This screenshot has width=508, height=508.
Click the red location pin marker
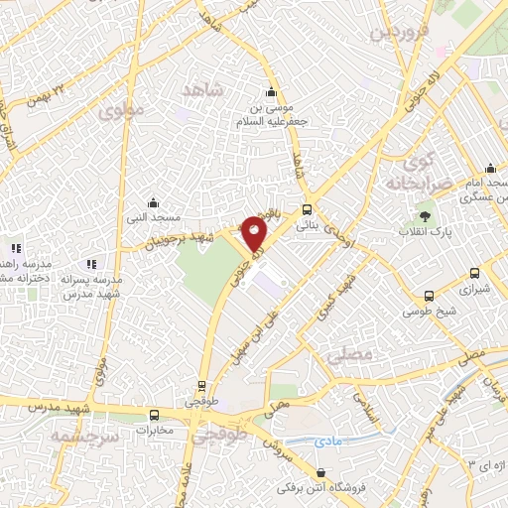tap(255, 234)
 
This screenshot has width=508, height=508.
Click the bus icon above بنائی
tap(307, 210)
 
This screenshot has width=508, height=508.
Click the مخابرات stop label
tap(154, 431)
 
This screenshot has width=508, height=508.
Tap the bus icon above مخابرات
tap(154, 415)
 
